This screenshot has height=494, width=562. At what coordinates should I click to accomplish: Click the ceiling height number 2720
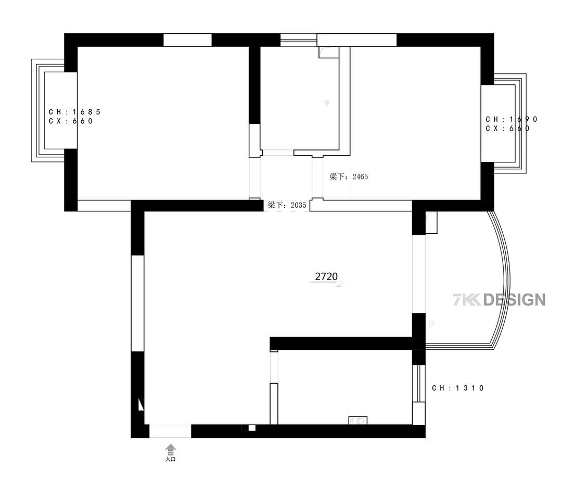[326, 276]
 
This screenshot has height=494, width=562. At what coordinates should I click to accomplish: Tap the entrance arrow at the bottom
[171, 450]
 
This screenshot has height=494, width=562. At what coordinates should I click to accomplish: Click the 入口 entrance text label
[171, 459]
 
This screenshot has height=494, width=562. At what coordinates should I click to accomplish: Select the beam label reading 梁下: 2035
[287, 205]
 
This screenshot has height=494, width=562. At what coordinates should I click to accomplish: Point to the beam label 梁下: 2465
[348, 176]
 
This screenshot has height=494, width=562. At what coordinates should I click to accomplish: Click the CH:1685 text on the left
[74, 112]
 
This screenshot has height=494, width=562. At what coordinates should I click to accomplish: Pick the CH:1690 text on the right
[512, 119]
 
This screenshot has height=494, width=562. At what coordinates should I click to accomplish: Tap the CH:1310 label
[458, 388]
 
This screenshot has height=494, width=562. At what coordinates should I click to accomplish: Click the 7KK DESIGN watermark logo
[499, 300]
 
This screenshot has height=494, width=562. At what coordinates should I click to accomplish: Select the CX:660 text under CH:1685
[71, 121]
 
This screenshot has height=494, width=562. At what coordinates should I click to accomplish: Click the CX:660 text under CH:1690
[507, 129]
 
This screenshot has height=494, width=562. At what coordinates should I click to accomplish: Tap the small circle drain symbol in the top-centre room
[326, 103]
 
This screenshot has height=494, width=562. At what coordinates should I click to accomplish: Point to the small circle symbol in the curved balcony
[431, 323]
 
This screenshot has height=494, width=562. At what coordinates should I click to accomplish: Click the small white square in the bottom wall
[252, 428]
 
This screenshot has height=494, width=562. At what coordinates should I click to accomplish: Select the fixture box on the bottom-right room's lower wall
[357, 421]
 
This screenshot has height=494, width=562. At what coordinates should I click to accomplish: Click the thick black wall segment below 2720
[344, 343]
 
